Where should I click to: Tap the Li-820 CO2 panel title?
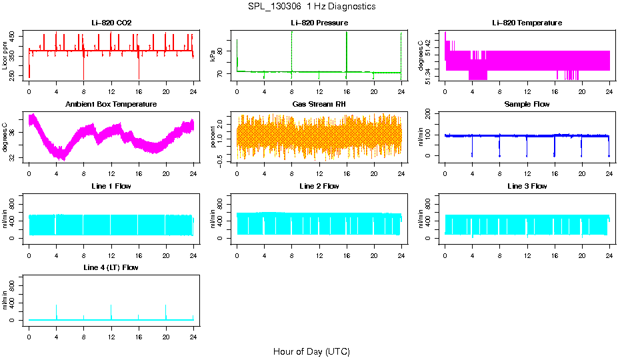111,23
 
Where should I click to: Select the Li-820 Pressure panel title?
319,23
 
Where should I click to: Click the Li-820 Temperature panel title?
527,23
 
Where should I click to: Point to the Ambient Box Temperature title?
111,105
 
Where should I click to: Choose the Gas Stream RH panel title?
319,105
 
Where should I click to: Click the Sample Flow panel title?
527,105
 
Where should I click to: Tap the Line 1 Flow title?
111,186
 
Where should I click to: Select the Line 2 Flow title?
319,186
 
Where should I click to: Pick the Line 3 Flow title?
527,186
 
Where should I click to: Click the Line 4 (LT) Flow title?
111,267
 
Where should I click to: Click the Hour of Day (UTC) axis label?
311,351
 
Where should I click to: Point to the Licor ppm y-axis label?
5,56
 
